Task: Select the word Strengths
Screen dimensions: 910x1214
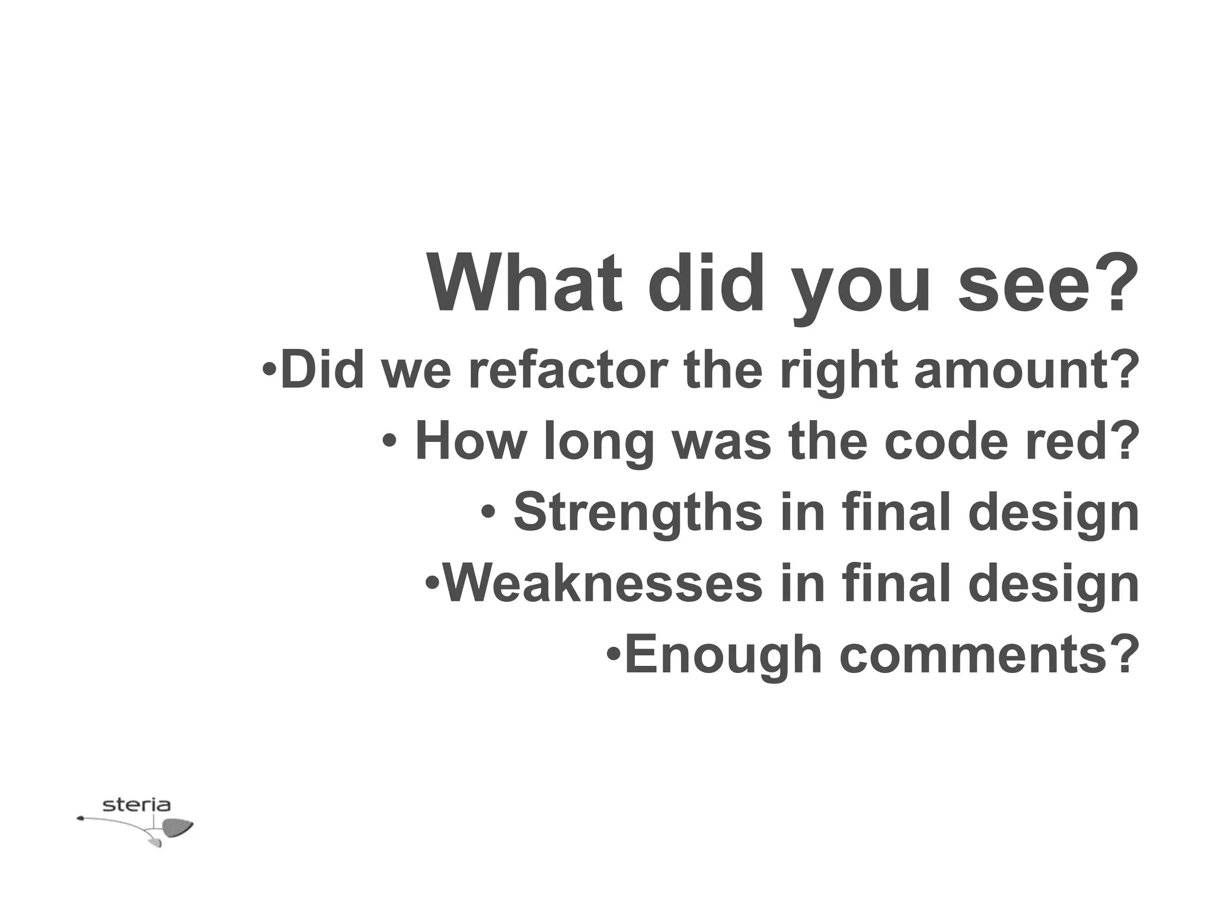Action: (637, 512)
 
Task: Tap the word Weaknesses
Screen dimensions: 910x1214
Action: (603, 584)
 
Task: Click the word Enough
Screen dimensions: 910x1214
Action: (723, 655)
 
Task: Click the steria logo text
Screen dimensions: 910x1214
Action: (136, 805)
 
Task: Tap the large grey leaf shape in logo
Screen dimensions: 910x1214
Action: (177, 827)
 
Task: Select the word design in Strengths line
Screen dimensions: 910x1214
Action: (1053, 514)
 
